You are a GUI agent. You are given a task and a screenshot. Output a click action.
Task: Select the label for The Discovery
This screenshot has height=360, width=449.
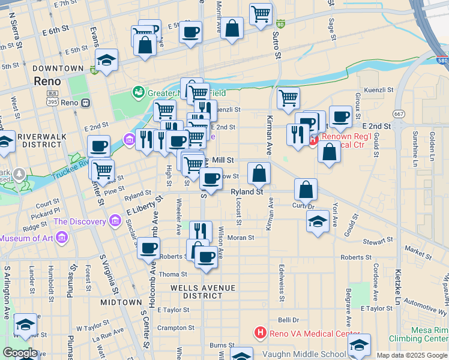[x=79, y=221]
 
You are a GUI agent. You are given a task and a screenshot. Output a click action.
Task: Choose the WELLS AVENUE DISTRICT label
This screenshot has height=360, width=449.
[x=202, y=292]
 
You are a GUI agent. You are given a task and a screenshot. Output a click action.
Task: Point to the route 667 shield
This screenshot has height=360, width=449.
[x=399, y=113]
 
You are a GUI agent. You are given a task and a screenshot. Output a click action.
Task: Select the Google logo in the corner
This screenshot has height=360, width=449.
[x=19, y=353]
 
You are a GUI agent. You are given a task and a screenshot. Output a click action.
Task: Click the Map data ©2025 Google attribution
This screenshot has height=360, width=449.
[x=411, y=355]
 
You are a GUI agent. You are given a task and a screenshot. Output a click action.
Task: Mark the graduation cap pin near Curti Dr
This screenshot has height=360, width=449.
[x=318, y=221]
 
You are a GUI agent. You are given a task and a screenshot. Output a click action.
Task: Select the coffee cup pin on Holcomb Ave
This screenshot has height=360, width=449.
[x=148, y=247]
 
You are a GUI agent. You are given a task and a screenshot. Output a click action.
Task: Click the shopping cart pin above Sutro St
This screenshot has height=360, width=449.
[x=261, y=13]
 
